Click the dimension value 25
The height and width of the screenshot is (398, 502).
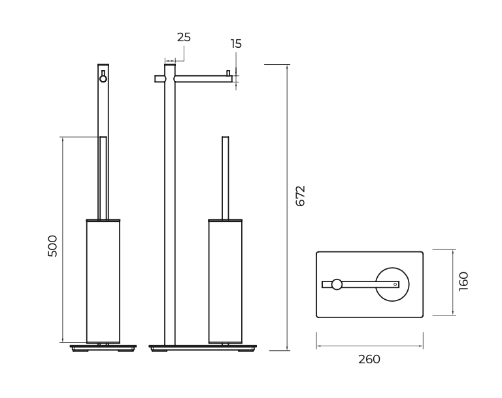click(184, 37)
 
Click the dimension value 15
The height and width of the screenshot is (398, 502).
click(236, 44)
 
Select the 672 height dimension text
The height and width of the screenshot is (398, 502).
click(300, 196)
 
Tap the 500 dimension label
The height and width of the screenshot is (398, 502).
click(52, 246)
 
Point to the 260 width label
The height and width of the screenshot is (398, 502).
click(369, 359)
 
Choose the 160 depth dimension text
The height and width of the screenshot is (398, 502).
click(463, 281)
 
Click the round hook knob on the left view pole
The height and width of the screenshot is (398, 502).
click(103, 79)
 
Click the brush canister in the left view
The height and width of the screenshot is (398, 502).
click(103, 281)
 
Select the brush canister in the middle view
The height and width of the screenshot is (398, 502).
click(226, 281)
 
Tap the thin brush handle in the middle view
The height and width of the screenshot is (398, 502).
click(226, 178)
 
